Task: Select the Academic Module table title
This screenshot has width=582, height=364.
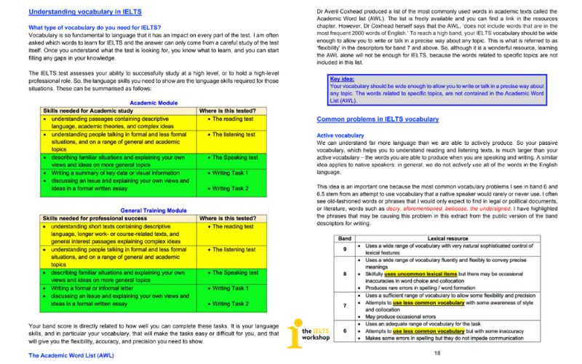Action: pos(143,103)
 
